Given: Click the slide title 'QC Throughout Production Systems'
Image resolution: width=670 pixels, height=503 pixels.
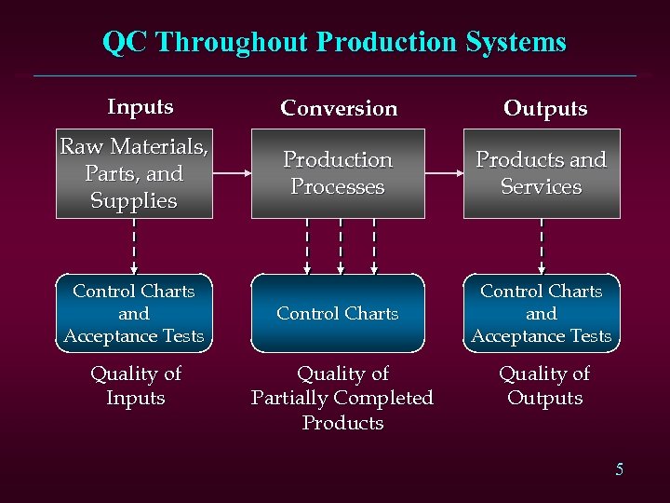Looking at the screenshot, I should (x=334, y=42).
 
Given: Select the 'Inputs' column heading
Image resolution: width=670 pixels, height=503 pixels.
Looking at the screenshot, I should (x=140, y=106).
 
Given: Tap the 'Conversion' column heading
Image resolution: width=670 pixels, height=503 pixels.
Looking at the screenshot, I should (x=339, y=108).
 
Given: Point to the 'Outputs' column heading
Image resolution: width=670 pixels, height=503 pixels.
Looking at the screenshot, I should (x=545, y=108).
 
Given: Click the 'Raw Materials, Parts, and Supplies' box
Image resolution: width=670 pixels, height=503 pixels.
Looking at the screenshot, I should (x=134, y=173).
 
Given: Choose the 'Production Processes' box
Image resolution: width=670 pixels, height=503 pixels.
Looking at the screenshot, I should (x=338, y=173).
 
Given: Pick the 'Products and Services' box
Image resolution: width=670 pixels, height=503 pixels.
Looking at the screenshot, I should (x=542, y=173).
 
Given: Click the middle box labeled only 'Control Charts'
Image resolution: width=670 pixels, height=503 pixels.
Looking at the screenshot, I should (x=338, y=314).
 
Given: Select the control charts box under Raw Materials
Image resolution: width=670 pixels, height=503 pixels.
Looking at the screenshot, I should (x=134, y=314).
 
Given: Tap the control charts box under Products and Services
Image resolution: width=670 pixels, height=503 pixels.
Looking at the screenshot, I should (x=542, y=314).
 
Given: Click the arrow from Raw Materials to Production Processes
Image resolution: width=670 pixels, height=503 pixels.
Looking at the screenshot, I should (x=232, y=173).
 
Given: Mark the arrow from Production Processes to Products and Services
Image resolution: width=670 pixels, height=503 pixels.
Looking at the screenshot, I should (x=444, y=173).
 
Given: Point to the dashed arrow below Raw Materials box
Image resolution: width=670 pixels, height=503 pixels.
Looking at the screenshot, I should (x=134, y=246).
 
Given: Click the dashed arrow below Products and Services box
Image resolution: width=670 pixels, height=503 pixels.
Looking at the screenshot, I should (x=542, y=246).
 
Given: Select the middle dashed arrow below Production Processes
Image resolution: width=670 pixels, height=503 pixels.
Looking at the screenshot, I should (x=341, y=246).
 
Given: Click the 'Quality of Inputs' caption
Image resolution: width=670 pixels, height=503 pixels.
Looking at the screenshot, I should (x=136, y=386).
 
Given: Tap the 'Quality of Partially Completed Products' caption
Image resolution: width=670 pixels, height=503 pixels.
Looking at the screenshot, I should (x=342, y=398).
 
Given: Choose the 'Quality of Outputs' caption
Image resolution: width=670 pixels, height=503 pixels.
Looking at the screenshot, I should (x=544, y=386).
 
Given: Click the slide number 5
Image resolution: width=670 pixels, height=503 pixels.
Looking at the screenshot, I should (x=619, y=469).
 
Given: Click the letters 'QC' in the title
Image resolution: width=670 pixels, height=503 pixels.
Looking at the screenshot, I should (x=125, y=42).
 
